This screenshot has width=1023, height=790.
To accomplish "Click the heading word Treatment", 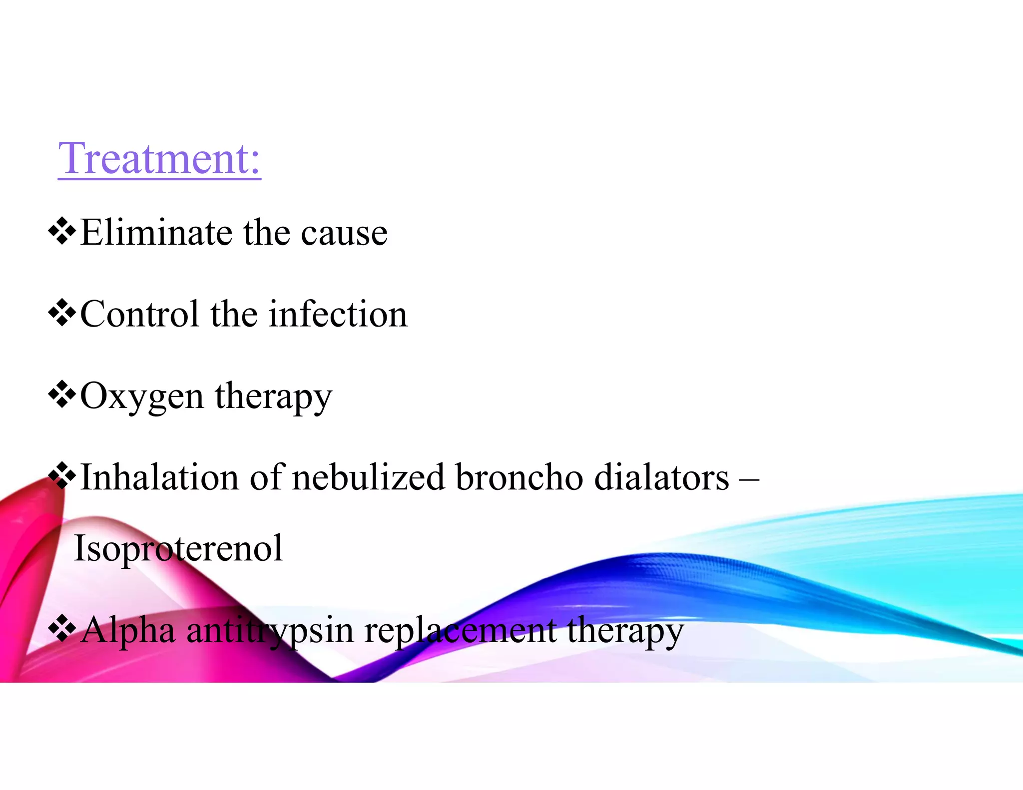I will (159, 159).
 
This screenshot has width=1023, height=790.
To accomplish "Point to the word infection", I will (338, 314).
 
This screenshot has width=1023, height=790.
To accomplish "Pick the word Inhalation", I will (159, 477).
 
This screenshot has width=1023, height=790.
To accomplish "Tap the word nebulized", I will (368, 477).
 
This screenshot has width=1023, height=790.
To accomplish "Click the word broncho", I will (519, 477).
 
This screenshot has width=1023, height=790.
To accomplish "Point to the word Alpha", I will (128, 630).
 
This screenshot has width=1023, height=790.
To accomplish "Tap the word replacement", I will (460, 631).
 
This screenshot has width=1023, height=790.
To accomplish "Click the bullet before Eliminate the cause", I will (62, 231).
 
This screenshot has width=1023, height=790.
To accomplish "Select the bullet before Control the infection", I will (62, 313).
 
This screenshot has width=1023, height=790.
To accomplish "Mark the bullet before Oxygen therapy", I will (62, 395).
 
